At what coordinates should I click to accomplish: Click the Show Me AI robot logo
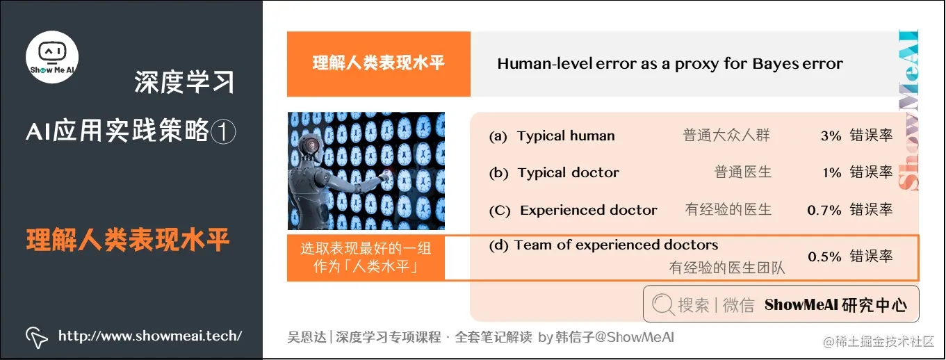(x=52, y=57)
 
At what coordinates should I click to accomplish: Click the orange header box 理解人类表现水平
(x=378, y=64)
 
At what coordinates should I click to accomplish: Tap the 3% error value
(x=831, y=136)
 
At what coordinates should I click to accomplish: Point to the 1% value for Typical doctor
(x=831, y=173)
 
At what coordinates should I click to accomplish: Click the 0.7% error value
(x=824, y=210)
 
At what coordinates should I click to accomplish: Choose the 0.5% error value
(x=824, y=256)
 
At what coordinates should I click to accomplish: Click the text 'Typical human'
(x=566, y=136)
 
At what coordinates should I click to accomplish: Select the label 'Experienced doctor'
(x=588, y=210)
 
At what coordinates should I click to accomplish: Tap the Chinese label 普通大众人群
(x=726, y=136)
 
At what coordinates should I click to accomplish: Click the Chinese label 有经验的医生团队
(x=726, y=268)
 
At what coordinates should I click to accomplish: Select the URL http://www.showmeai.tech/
(x=150, y=336)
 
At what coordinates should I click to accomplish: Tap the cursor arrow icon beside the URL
(x=36, y=336)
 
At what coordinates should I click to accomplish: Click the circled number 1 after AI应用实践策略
(x=223, y=131)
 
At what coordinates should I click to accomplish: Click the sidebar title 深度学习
(x=184, y=83)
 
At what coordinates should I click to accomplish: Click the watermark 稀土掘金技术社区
(x=879, y=341)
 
